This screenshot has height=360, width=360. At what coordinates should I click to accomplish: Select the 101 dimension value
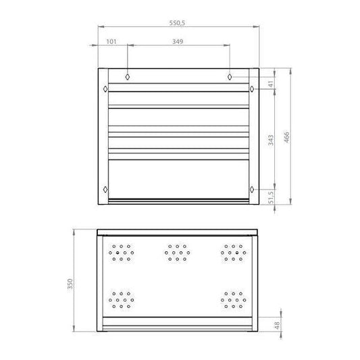112,42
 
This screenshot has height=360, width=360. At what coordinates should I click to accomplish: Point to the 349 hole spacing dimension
178,42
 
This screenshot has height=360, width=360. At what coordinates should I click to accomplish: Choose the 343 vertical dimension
269,140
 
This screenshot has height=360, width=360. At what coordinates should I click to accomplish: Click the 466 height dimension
286,138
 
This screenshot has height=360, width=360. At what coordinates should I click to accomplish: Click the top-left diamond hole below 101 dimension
128,76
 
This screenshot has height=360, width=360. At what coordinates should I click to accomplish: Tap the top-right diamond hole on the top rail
230,76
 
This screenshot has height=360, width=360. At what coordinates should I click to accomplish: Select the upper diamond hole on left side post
105,88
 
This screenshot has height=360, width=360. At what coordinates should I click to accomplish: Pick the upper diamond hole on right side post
252,88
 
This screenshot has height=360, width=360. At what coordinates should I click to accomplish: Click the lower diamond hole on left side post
105,188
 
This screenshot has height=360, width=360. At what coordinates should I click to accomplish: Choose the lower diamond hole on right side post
252,188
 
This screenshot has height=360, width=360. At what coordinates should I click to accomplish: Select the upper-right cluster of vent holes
232,253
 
